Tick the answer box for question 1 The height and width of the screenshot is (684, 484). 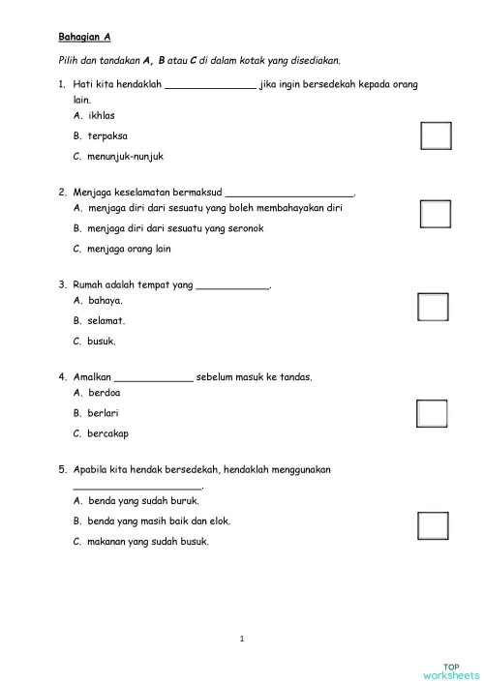tap(436, 136)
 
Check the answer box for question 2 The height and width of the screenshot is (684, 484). tap(436, 214)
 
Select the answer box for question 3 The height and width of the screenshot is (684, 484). tap(433, 307)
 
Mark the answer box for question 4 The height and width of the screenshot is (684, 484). tap(432, 413)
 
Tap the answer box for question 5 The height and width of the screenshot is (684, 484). tap(433, 525)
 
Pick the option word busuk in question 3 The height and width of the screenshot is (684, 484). tap(102, 342)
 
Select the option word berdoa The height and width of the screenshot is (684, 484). tap(105, 394)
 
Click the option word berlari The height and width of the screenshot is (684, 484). tap(105, 413)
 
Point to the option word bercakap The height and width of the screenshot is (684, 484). tap(108, 433)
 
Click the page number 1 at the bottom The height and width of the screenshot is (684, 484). tap(242, 638)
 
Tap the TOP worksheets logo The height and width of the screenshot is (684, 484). tap(451, 669)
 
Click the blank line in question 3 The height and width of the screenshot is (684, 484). tap(232, 286)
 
